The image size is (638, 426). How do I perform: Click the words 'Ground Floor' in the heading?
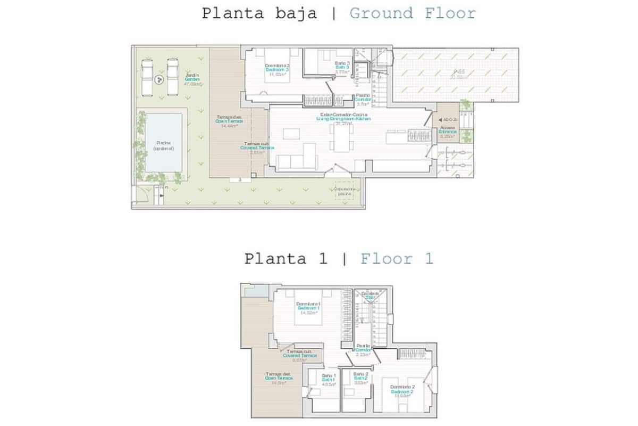(412, 13)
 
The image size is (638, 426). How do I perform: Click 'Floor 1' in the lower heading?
(397, 259)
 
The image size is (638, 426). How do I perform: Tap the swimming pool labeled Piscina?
(163, 143)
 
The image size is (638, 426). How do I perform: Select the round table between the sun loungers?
(158, 80)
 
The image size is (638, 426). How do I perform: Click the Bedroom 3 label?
(276, 69)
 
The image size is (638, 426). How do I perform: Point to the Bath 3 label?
(342, 67)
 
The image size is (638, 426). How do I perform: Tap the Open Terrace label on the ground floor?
(229, 121)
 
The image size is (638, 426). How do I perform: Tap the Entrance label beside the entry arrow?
(447, 132)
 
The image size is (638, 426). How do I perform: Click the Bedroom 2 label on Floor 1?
(402, 391)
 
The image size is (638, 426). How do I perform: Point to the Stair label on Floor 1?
(370, 297)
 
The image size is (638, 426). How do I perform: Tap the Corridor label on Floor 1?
(364, 350)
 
